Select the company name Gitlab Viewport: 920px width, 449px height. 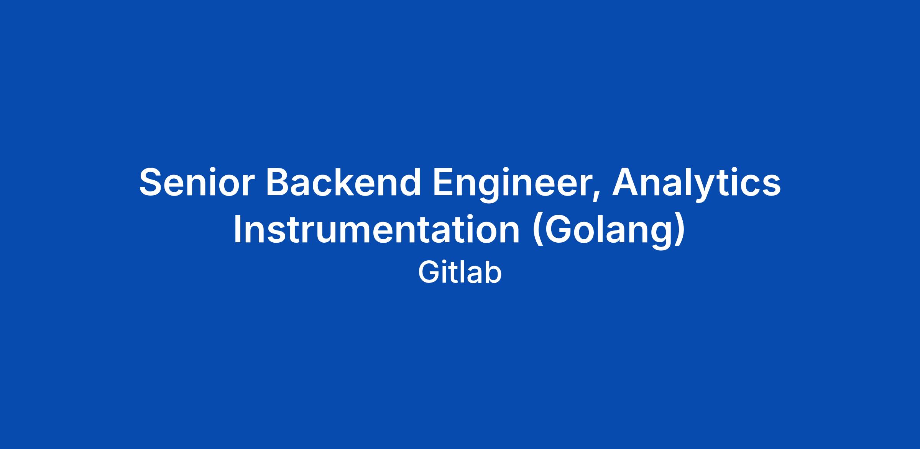[460, 273]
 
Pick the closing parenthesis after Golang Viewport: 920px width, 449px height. [679, 232]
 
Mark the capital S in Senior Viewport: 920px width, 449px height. [152, 182]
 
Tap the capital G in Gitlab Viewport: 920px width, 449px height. [429, 273]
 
